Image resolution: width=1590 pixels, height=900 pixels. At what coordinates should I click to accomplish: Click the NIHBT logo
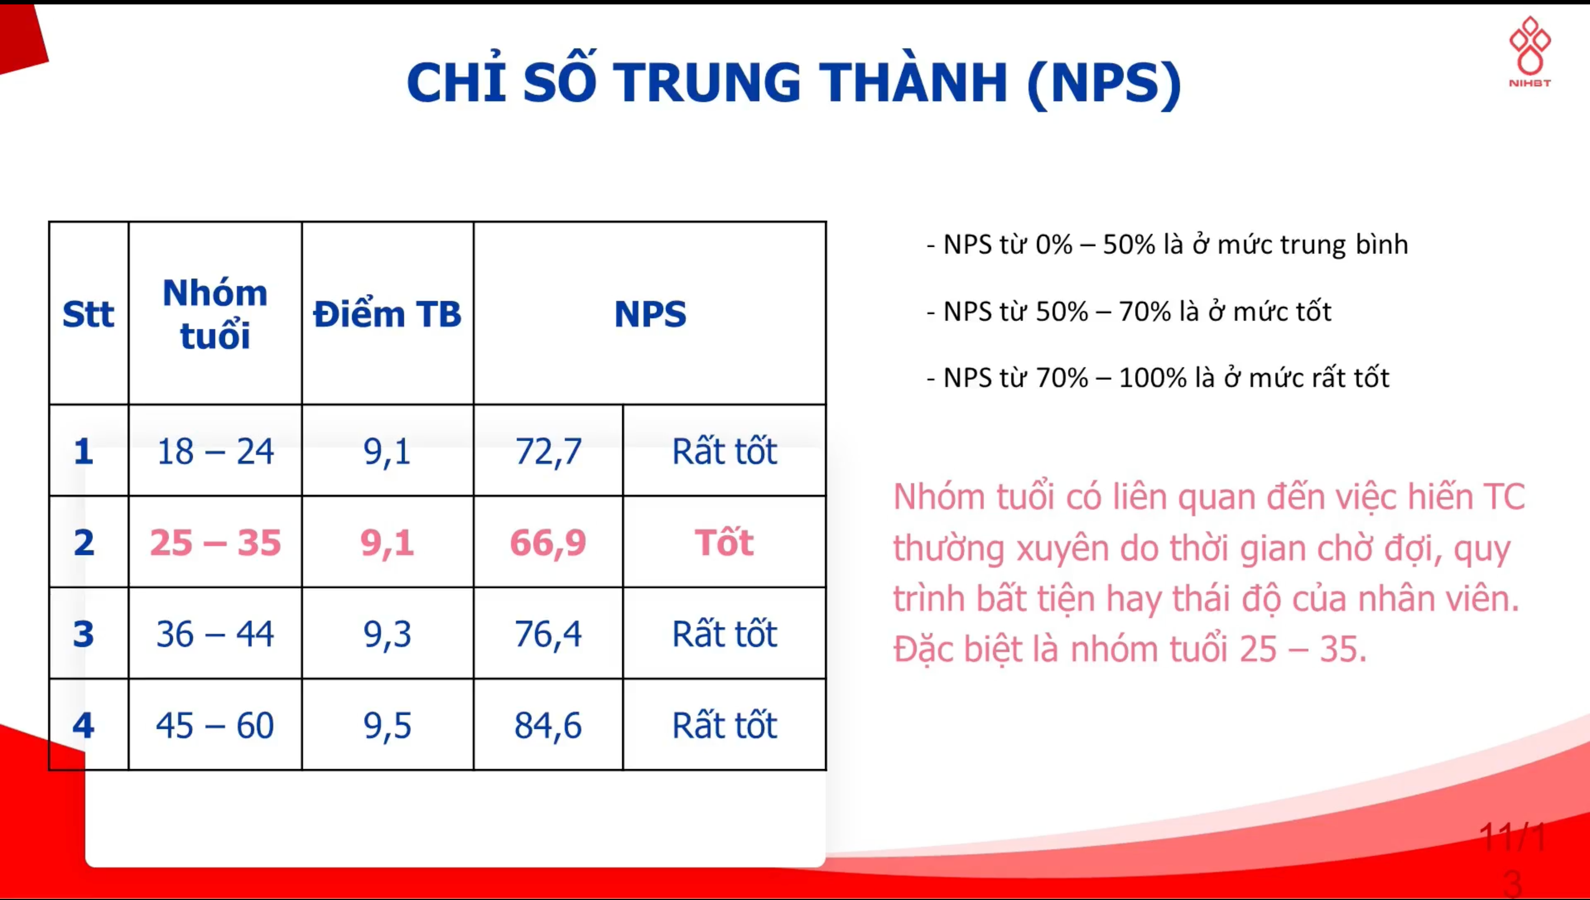tap(1529, 52)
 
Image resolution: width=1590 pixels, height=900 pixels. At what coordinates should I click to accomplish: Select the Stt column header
tap(88, 314)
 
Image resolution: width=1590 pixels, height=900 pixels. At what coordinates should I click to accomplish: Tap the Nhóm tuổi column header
tap(215, 314)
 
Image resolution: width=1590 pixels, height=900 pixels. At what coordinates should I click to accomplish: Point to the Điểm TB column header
tap(388, 314)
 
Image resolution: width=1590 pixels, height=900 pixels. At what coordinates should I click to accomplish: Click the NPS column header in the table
tap(650, 314)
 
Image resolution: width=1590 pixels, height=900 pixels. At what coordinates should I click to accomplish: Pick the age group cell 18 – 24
tap(215, 451)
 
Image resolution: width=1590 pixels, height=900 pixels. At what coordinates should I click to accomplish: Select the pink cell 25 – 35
tap(215, 543)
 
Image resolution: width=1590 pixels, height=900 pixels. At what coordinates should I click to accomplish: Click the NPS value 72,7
tap(548, 452)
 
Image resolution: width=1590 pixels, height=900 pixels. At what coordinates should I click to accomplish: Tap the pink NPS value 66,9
tap(548, 543)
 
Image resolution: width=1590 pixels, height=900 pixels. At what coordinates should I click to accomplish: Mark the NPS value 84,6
tap(548, 726)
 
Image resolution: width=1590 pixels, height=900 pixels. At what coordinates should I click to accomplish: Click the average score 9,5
tap(388, 726)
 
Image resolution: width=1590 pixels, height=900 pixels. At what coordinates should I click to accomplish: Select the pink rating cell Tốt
tap(724, 542)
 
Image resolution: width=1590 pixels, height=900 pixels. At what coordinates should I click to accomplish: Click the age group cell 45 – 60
tap(215, 726)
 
